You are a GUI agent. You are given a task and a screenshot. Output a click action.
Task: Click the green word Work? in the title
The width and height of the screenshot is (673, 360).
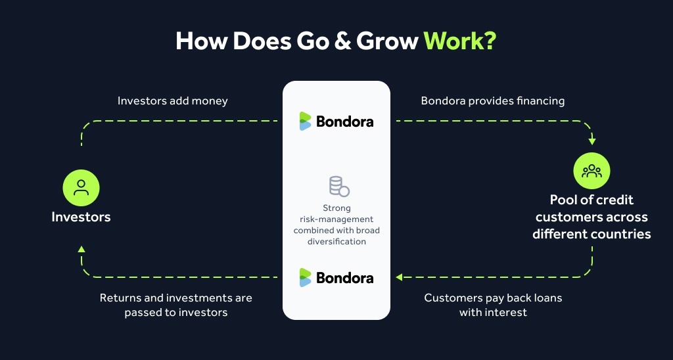pos(460,41)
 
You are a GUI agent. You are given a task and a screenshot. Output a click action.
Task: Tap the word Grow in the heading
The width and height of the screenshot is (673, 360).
pos(387,41)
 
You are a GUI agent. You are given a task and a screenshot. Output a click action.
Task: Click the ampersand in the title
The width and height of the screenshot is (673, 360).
pos(342,41)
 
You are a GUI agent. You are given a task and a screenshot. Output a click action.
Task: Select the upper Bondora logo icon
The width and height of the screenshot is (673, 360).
pos(305,121)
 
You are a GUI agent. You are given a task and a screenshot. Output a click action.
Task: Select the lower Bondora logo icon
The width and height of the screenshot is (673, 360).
pos(305,277)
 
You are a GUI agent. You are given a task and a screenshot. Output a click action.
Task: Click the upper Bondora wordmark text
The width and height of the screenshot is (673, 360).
pos(344,122)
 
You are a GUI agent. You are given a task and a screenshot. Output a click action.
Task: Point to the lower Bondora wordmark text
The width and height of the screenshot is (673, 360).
pos(344,278)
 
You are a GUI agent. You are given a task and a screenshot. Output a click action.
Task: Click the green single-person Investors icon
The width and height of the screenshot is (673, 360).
pos(81,188)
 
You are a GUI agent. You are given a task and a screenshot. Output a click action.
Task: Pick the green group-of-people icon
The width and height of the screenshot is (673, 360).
pos(592,171)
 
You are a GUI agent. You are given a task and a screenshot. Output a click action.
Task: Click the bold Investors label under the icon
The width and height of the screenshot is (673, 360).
pos(81,217)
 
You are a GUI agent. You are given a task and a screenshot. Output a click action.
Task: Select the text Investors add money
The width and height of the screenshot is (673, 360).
pos(173,101)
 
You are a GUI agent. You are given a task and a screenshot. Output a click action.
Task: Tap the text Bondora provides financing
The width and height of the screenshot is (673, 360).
pos(493,101)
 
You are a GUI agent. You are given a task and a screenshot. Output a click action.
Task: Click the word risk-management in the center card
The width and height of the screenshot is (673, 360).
pos(336,219)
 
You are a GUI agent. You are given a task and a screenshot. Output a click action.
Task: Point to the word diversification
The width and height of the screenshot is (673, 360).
pos(336,241)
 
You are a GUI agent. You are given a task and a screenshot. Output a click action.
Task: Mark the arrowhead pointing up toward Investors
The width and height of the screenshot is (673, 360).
pos(81,249)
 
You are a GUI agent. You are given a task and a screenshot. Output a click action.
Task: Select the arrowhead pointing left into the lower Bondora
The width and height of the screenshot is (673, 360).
pos(399,277)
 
